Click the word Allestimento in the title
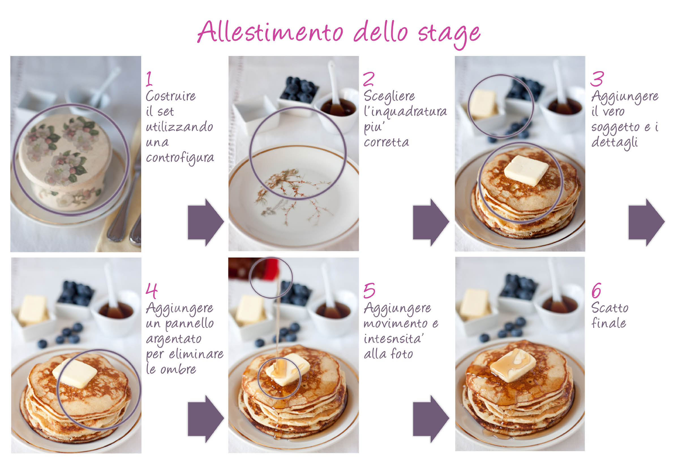[270, 32]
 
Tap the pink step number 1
[149, 79]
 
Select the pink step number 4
[151, 290]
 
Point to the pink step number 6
[596, 290]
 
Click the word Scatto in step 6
[610, 308]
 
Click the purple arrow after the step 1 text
[206, 222]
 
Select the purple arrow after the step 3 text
[646, 222]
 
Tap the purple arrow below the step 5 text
[431, 419]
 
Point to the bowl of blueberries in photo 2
[299, 93]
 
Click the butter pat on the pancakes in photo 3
[526, 170]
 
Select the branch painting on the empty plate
[293, 196]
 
